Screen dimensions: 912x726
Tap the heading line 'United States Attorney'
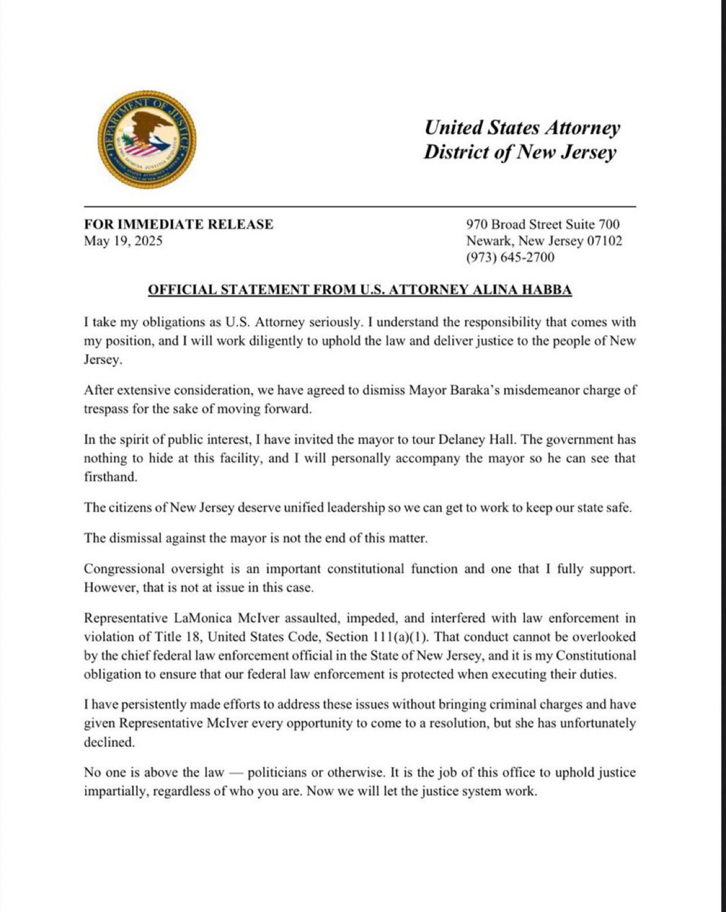pos(522,127)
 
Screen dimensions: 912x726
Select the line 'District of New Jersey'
pos(520,152)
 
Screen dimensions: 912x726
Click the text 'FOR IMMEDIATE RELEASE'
pos(179,224)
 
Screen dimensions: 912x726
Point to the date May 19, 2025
pos(123,241)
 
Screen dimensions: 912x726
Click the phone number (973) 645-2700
pos(510,257)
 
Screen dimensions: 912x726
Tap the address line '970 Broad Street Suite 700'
pos(543,224)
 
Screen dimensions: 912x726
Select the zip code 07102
pos(604,241)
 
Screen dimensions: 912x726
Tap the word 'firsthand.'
pos(110,477)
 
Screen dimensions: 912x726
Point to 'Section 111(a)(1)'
pos(375,637)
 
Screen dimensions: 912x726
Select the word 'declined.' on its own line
pos(109,742)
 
